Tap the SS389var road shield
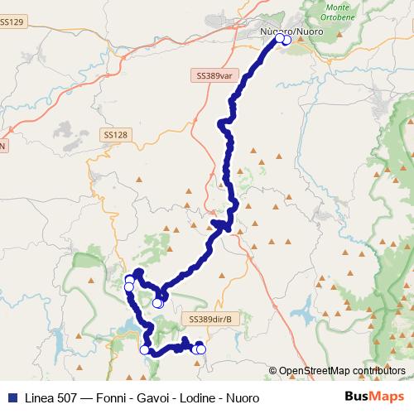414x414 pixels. [x=218, y=75]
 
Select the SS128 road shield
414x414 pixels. [x=116, y=134]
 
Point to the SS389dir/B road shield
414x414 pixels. [x=211, y=318]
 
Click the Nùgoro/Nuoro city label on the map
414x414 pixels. [x=291, y=31]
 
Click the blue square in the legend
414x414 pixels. [x=10, y=397]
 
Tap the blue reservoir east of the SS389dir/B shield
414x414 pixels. [x=302, y=315]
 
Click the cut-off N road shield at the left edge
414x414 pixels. [x=2, y=146]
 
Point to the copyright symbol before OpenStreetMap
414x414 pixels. [x=272, y=370]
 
